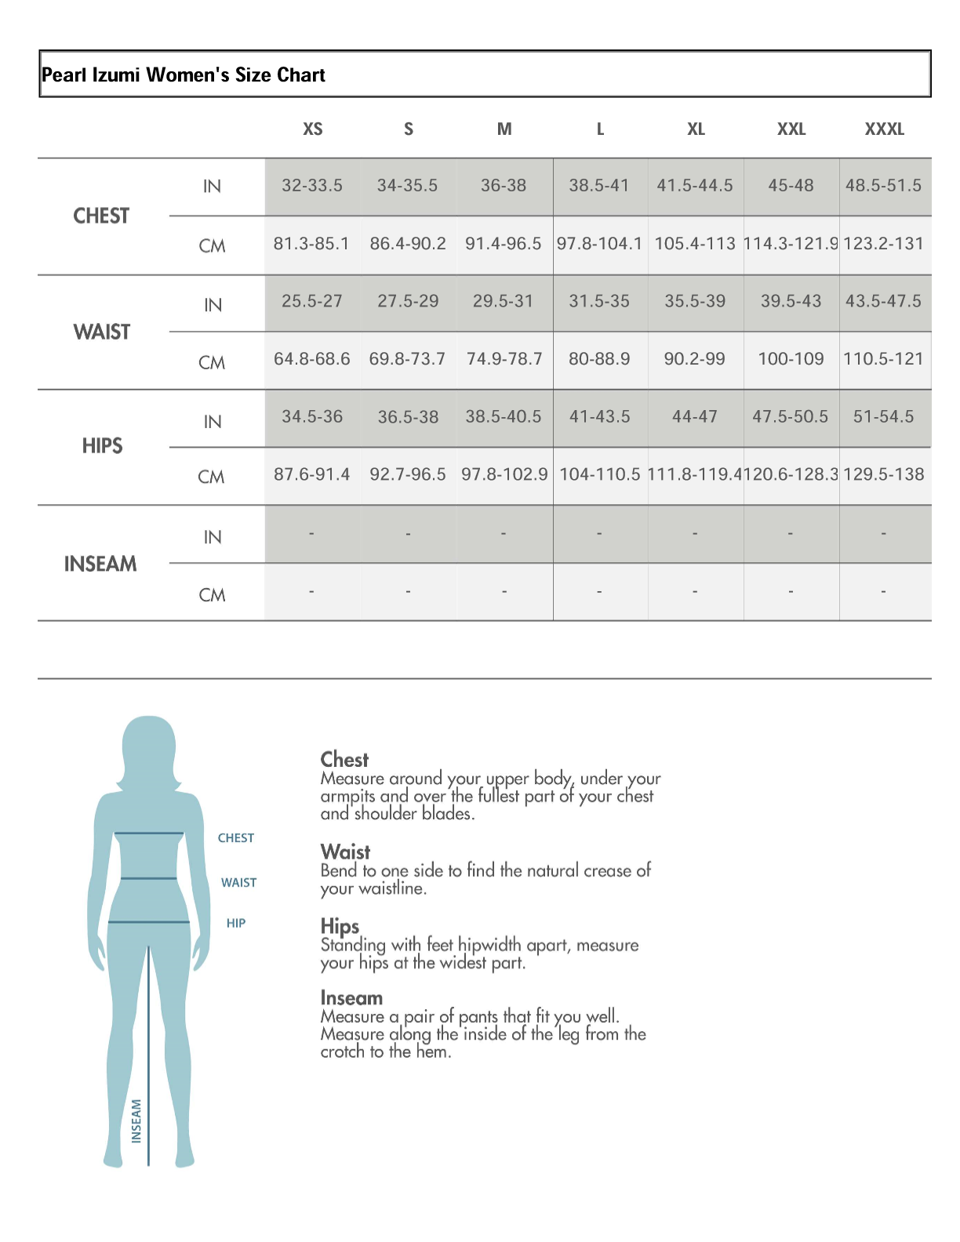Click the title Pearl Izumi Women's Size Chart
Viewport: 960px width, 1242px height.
coord(184,75)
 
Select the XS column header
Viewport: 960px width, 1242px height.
coord(312,129)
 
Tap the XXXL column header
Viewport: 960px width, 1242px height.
coord(884,129)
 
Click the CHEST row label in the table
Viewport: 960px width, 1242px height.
coord(101,216)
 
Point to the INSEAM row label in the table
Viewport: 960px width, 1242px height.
coord(100,564)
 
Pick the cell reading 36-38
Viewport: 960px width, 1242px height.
coord(504,186)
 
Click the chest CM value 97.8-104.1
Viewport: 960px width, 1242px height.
coord(599,244)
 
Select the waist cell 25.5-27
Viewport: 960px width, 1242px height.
coord(312,301)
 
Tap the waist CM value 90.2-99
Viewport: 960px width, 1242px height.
coord(694,359)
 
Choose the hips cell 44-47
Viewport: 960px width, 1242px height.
coord(694,417)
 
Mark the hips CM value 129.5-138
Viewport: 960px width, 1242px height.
coord(884,474)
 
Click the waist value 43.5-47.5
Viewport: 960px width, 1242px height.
coord(884,301)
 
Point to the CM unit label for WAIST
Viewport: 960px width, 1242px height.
coord(212,363)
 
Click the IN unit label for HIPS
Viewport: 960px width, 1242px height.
coord(213,422)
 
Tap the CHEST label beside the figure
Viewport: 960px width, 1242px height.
coord(236,838)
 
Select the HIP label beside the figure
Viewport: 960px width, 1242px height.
coord(236,924)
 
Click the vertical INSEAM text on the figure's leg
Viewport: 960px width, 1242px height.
coord(136,1120)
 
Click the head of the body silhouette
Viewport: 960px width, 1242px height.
coord(149,749)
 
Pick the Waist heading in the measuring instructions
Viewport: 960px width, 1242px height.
coord(345,852)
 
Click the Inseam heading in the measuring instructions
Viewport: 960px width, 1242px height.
coord(351,998)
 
